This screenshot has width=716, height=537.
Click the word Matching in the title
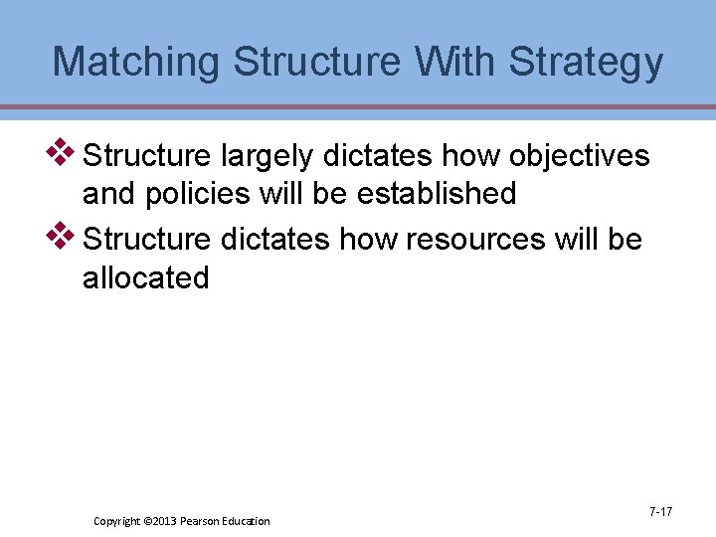point(136,62)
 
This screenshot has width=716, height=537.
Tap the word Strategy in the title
point(586,62)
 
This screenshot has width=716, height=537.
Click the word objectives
point(579,156)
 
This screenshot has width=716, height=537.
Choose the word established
point(434,194)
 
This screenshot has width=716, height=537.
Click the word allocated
point(146,277)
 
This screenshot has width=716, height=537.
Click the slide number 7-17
point(660,512)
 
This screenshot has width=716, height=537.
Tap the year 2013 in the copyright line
point(162,521)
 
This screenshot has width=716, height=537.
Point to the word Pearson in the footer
point(200,521)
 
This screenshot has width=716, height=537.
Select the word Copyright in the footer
point(116,521)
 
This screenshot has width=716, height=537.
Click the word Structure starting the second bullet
point(146,240)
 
